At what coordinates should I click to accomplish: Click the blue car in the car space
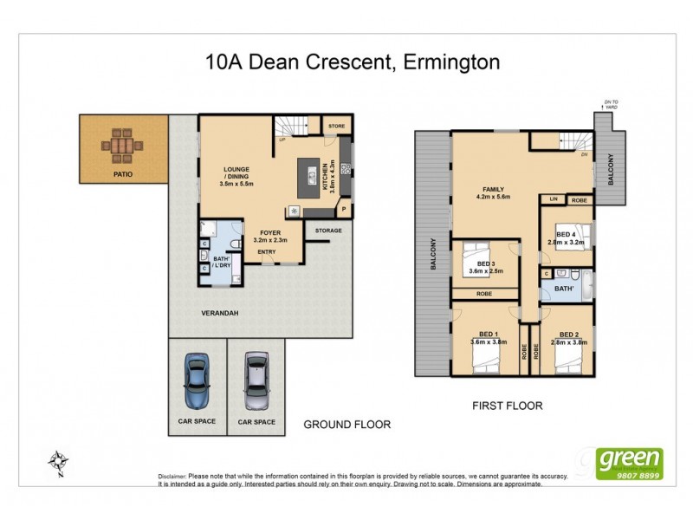pyautogui.click(x=198, y=380)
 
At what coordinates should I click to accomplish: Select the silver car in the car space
pyautogui.click(x=256, y=380)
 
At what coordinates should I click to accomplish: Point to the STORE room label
pyautogui.click(x=335, y=127)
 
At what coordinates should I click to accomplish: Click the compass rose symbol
pyautogui.click(x=58, y=463)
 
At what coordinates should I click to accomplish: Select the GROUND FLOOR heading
pyautogui.click(x=346, y=425)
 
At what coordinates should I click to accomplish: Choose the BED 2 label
pyautogui.click(x=569, y=335)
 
